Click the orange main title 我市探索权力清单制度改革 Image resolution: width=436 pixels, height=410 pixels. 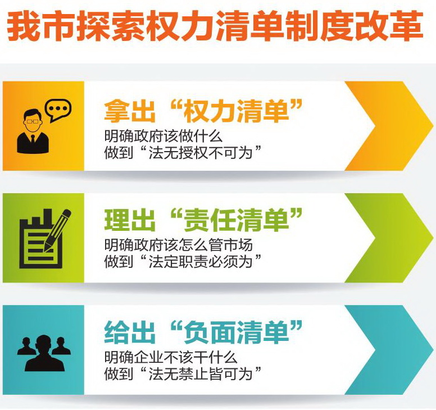tap(215, 26)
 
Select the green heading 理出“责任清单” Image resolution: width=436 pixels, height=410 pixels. tap(203, 220)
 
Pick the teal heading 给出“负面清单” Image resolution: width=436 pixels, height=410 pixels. tap(203, 331)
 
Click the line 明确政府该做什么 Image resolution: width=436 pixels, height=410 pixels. tap(163, 136)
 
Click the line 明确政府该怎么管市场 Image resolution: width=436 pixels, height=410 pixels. tap(179, 245)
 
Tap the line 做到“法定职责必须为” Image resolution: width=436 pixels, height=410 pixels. tap(183, 261)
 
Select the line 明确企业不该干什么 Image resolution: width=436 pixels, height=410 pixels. tap(171, 357)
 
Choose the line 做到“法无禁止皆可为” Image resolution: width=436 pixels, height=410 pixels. tap(183, 373)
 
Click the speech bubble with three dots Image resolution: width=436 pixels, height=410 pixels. tap(58, 110)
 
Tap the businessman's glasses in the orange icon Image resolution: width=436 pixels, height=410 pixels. tap(33, 121)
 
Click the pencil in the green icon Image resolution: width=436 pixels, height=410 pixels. tap(57, 230)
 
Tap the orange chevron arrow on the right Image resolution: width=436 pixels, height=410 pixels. tap(389, 126)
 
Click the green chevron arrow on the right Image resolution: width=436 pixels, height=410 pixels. tap(389, 238)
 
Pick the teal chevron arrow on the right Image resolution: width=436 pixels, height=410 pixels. tap(389, 350)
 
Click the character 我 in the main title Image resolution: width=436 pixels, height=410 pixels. tap(24, 26)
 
